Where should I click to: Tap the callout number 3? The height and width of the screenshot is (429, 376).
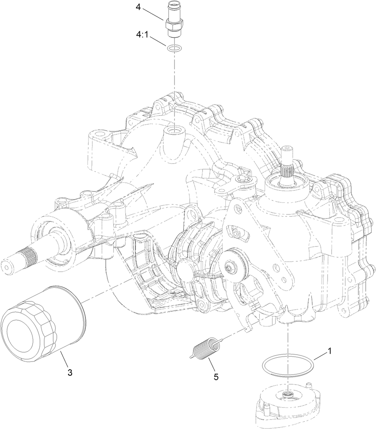[x=70, y=372]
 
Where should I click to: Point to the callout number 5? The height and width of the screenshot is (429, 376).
[x=216, y=377]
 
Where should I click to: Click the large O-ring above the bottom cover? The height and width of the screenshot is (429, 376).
[x=287, y=365]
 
